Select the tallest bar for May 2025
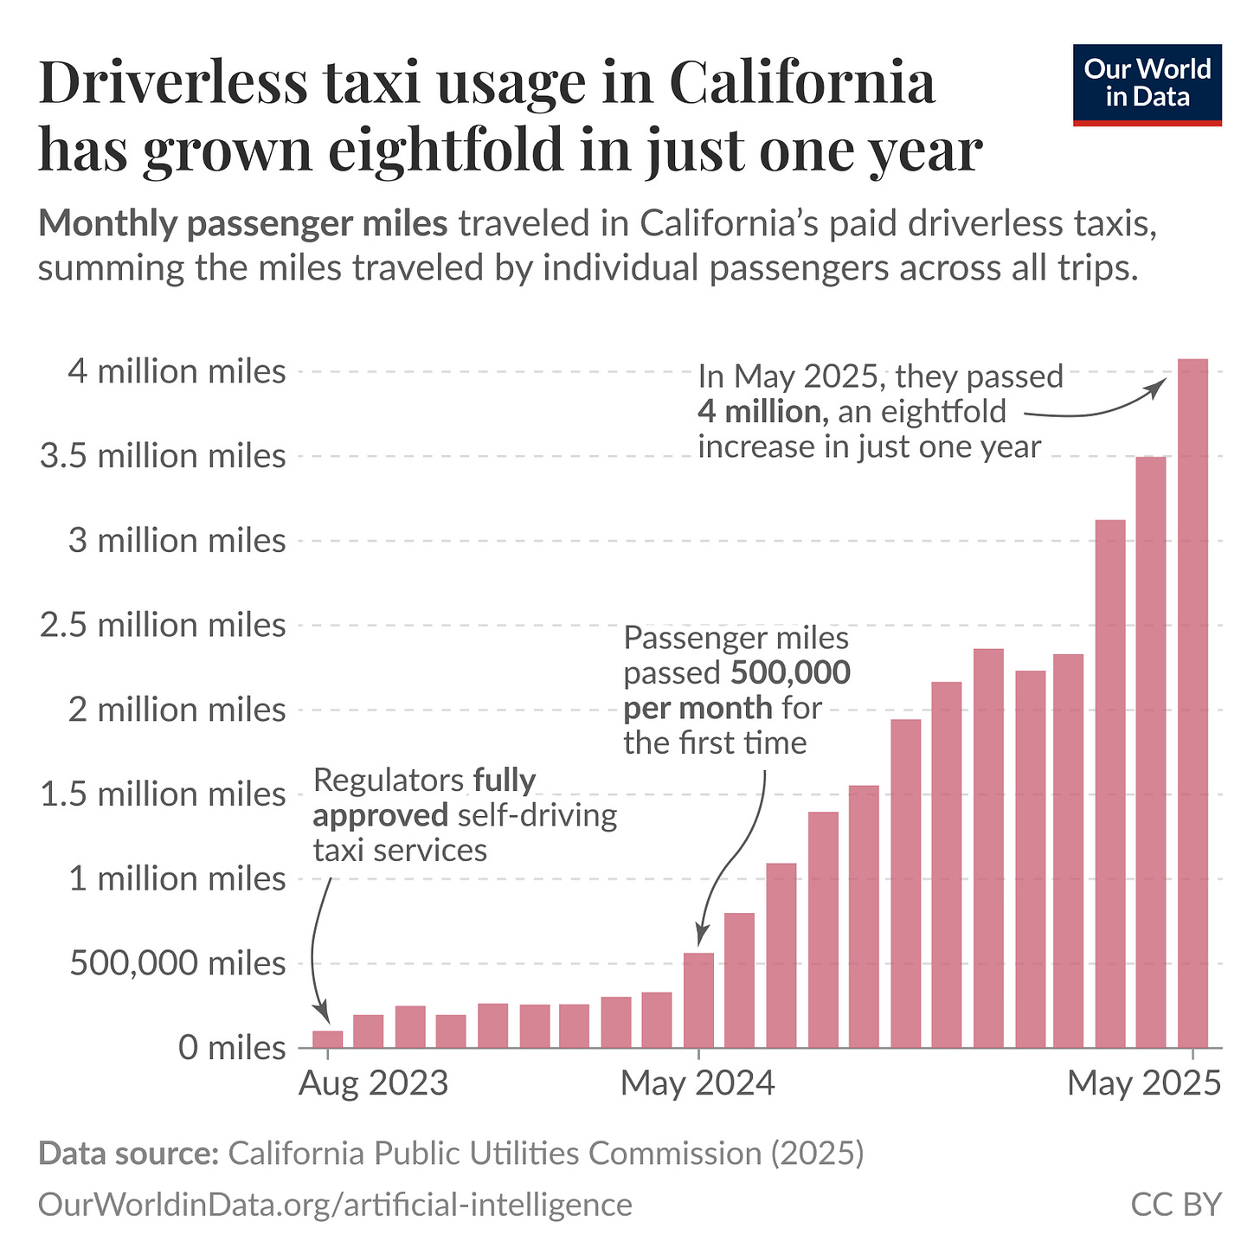[1192, 701]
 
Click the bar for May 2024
[698, 1000]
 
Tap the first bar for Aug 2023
[328, 1038]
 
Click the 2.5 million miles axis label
[163, 625]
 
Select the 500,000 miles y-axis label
[163, 963]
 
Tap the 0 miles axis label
[232, 1048]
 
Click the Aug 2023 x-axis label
[374, 1083]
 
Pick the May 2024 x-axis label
[698, 1083]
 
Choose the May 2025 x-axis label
[1144, 1083]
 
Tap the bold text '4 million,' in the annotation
[763, 412]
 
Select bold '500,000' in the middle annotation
[790, 672]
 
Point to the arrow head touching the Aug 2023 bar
[324, 1015]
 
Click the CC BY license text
[1176, 1205]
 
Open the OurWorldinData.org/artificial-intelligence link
[335, 1205]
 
